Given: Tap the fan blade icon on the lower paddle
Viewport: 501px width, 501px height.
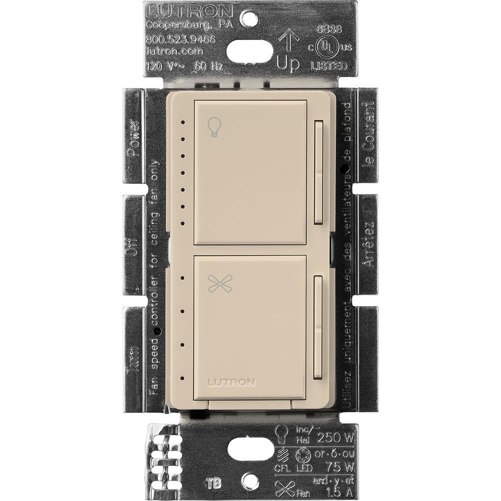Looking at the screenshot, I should tap(214, 284).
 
